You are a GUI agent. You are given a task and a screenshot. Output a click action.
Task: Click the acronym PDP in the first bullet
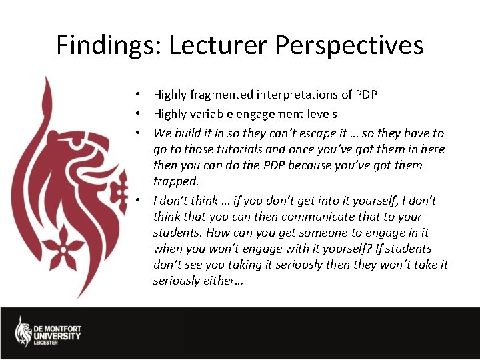pos(365,95)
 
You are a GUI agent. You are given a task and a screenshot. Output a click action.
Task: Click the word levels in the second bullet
pos(319,114)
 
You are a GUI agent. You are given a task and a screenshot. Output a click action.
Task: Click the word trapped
pos(176,181)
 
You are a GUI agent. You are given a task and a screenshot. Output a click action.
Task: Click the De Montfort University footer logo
pos(48,331)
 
